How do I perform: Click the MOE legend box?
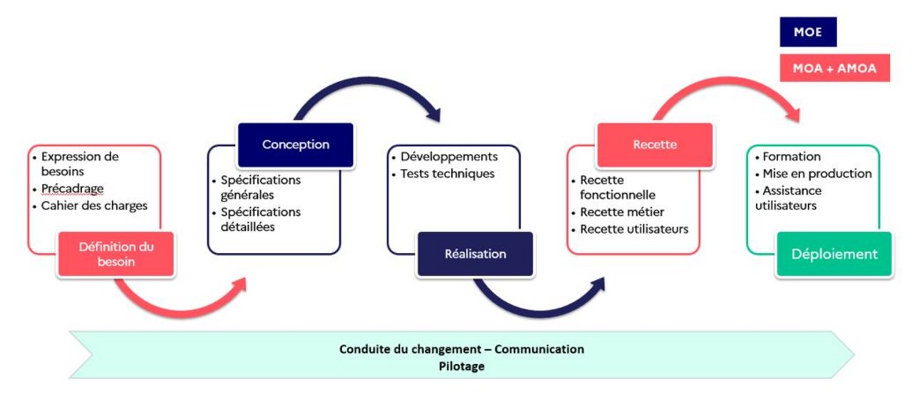807,32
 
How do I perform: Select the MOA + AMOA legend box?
834,68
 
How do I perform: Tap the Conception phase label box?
296,145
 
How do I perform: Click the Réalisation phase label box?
475,254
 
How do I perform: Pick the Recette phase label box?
655,145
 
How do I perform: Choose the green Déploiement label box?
834,254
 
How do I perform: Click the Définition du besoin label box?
116,254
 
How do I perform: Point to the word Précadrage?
73,189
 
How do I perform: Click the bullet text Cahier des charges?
94,206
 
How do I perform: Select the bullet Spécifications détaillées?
260,219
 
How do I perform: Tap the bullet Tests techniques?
447,173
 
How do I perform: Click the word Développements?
449,157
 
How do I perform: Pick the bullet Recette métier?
622,212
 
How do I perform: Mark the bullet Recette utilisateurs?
634,229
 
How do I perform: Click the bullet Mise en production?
817,173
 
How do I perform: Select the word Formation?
791,157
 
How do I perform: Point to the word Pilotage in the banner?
462,366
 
